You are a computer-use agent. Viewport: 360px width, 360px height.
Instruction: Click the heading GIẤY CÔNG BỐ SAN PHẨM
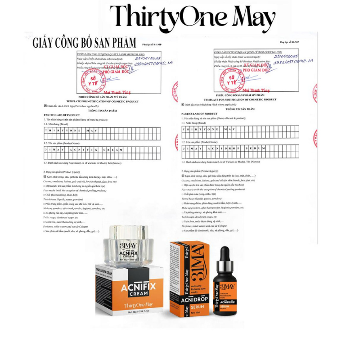click(x=84, y=43)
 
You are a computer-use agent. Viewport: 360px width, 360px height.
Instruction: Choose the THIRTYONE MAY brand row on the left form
click(x=103, y=133)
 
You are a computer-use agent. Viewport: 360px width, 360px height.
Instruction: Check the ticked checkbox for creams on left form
click(x=45, y=177)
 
